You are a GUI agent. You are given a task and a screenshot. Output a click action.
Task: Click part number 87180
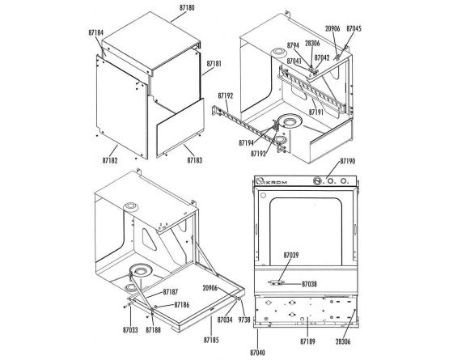coord(187,8)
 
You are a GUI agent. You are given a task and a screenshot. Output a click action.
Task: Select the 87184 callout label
coord(96,32)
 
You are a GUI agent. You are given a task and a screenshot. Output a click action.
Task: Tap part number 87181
coord(214,64)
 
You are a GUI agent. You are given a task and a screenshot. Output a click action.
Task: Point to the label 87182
coord(110,160)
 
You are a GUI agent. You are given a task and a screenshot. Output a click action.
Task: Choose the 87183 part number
coord(195,160)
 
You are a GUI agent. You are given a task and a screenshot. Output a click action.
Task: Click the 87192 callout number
coord(226,95)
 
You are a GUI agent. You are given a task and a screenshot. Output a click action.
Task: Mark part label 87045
coord(354,28)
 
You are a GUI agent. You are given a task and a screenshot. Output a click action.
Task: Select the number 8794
coord(293,45)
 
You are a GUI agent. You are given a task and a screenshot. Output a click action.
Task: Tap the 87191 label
coord(316,112)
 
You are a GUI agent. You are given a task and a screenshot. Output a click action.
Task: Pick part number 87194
coord(247,142)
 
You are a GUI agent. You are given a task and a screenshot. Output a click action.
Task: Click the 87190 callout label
coord(348,161)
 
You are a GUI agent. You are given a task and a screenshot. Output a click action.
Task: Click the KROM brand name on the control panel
coord(277,182)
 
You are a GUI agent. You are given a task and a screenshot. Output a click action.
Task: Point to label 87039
coord(291,255)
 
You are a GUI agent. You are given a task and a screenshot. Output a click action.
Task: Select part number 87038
coord(309,284)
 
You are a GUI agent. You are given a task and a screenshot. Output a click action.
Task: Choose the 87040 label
coord(257,353)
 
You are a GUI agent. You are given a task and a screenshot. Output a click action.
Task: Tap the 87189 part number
coord(307,341)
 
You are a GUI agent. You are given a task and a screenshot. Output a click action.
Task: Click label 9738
coord(244,320)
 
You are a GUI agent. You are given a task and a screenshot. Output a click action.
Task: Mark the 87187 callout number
coord(171,292)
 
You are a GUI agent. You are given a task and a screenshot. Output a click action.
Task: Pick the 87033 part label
coord(130,330)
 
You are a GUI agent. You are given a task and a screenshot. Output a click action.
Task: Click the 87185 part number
coord(211,340)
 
